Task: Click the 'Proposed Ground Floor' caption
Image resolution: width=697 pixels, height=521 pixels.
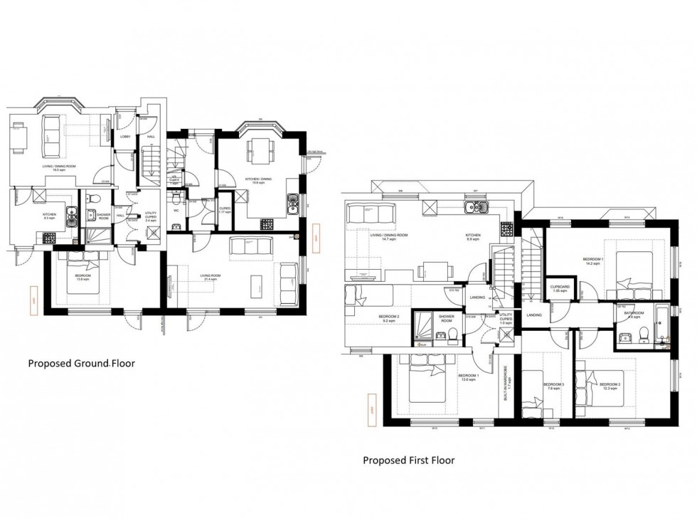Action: click(x=81, y=363)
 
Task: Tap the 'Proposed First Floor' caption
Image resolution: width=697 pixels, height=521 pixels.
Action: click(x=408, y=460)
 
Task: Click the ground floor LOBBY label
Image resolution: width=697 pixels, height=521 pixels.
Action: click(x=125, y=137)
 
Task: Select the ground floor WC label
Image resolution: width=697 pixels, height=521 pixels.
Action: click(x=175, y=210)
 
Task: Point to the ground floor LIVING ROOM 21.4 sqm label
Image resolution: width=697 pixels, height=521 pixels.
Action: click(x=209, y=280)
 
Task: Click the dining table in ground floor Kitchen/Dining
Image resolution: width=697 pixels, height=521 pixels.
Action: click(x=257, y=151)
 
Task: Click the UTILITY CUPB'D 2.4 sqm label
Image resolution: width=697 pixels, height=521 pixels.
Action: click(x=150, y=216)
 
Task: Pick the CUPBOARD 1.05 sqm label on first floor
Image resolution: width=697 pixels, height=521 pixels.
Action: click(x=560, y=289)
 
